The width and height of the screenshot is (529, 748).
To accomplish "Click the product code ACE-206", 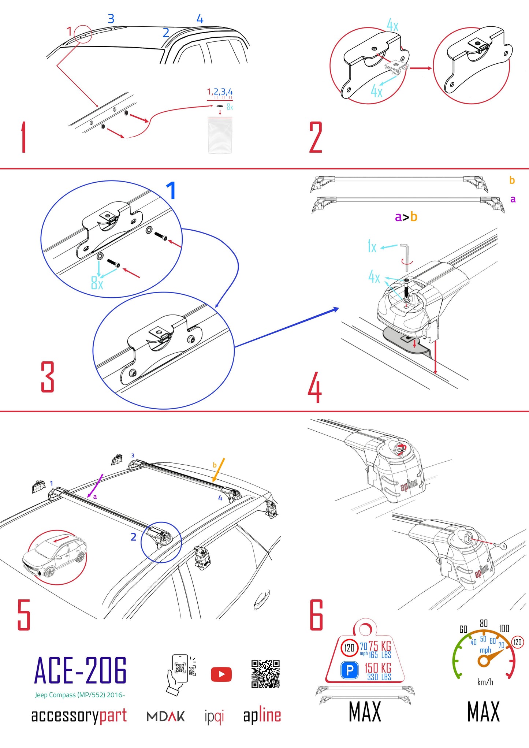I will pos(81,670).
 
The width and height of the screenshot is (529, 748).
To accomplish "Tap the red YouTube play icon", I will pos(221,674).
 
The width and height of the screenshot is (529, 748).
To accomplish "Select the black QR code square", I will pos(265,674).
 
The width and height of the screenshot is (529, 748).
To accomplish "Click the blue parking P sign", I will pos(350,670).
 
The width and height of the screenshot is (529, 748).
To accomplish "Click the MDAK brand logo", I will pos(165,716).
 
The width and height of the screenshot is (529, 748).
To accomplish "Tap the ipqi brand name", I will pos(214,717).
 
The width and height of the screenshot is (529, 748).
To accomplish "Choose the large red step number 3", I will pos(48,377).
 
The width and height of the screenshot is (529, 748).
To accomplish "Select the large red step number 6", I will pos(316,615).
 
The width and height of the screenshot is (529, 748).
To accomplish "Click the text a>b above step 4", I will pos(406,217).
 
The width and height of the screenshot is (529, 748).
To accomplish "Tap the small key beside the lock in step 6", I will pos(500,546).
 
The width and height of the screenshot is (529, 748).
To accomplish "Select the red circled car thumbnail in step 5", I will pos(57,557).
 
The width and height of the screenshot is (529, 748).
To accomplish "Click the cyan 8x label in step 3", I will pos(97,283).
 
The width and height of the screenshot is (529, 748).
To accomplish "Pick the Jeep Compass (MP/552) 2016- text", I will pos(80,695).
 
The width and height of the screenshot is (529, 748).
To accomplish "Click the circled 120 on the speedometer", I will pos(517,642).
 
